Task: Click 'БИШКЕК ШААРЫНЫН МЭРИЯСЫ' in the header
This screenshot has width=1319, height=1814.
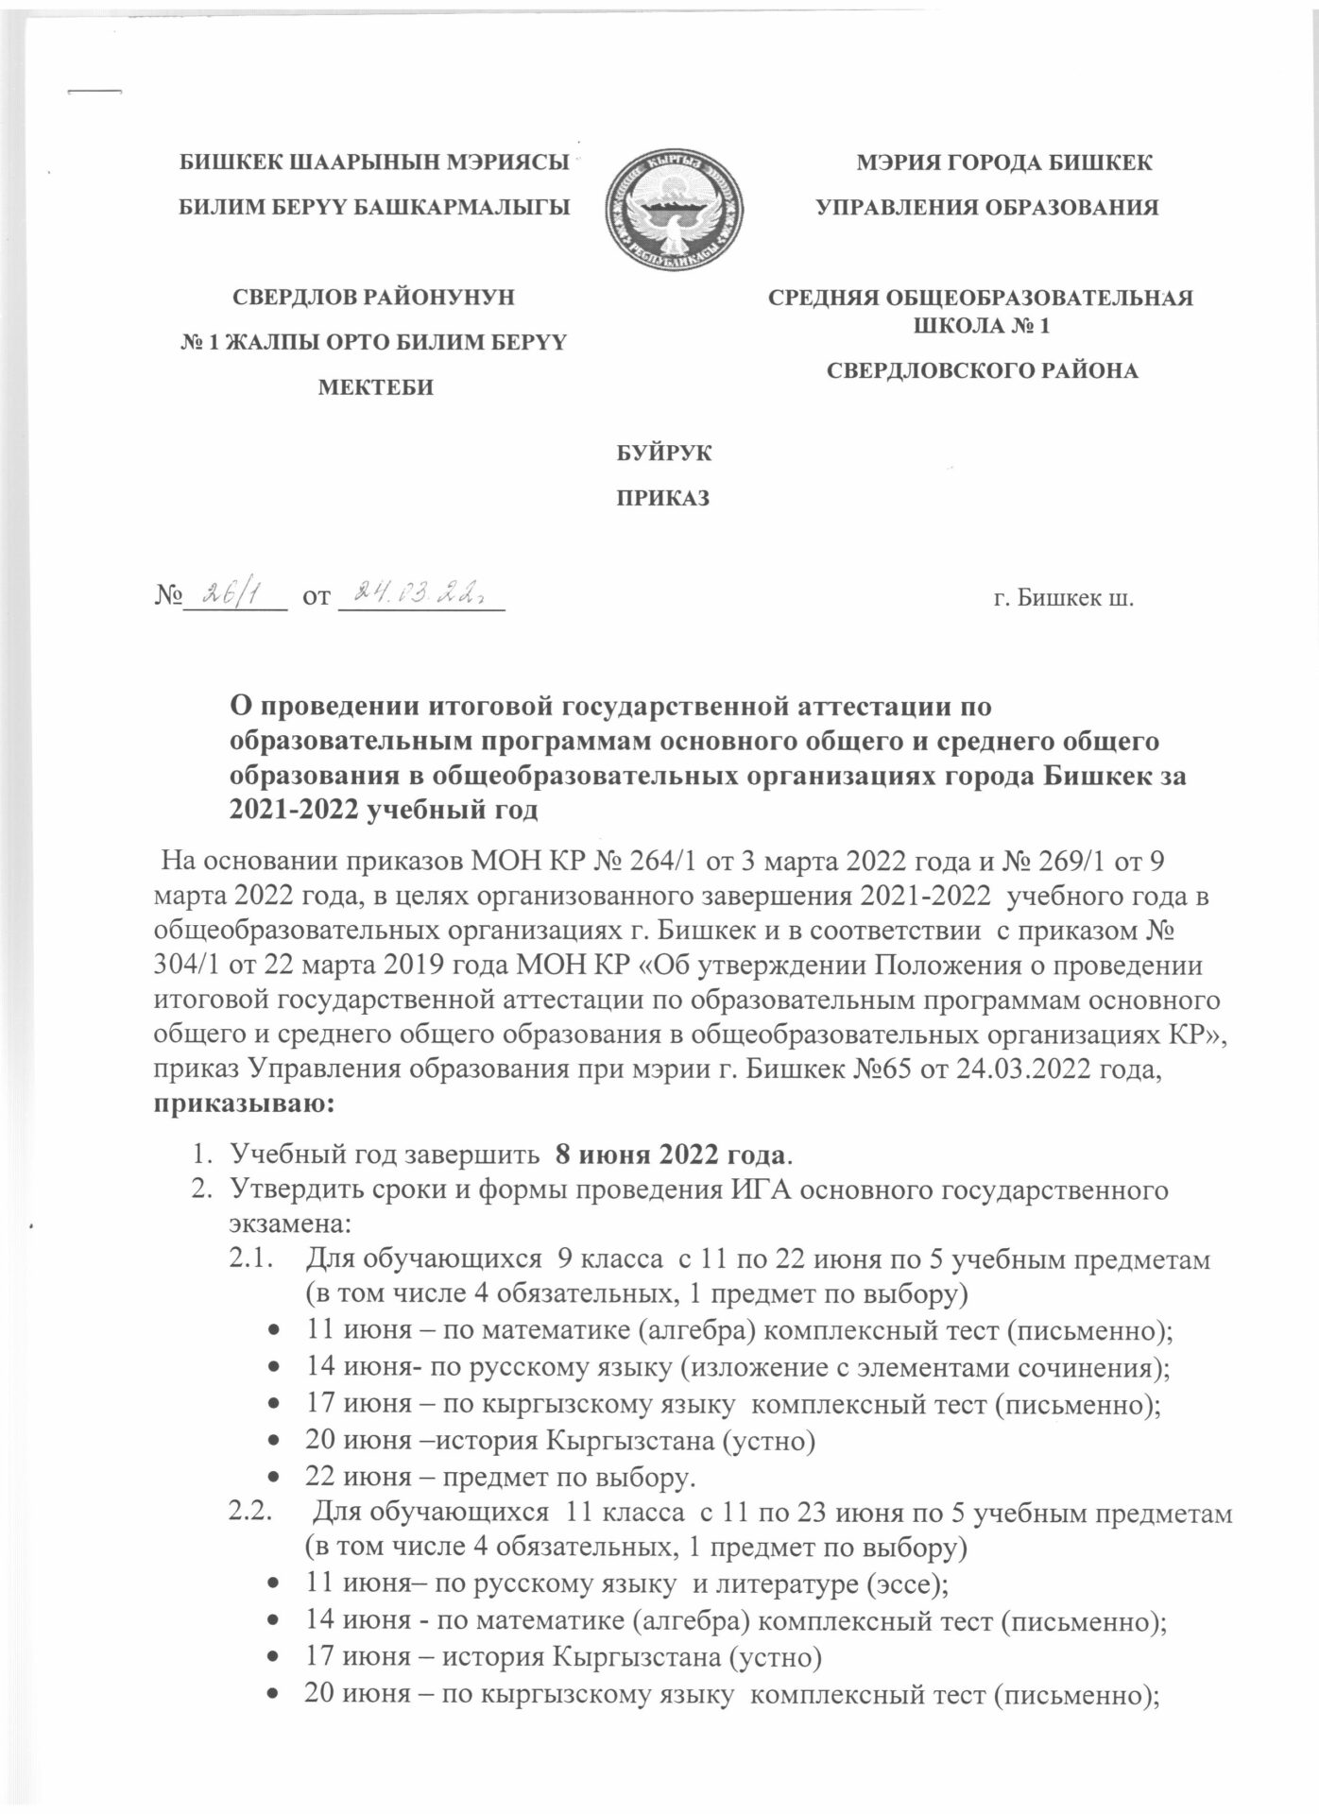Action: pos(374,164)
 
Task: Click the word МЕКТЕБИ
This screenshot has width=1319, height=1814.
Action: pos(374,387)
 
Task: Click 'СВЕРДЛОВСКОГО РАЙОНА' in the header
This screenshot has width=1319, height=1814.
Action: pos(982,371)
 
